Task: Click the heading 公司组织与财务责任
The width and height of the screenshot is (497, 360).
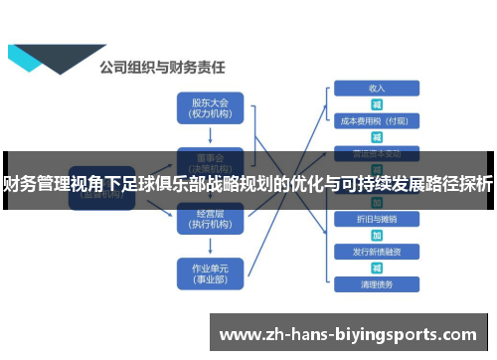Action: tap(162, 69)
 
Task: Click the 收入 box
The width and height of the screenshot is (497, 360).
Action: tap(377, 88)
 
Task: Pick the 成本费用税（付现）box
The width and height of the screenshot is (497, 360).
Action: tap(377, 120)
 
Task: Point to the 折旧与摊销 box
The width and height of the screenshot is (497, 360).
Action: tap(377, 218)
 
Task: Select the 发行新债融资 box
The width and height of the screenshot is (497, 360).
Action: tap(377, 251)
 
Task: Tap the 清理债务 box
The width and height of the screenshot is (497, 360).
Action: tap(377, 284)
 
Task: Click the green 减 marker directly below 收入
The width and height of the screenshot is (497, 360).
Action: tap(377, 103)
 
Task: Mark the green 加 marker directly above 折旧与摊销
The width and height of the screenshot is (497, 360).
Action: tap(377, 202)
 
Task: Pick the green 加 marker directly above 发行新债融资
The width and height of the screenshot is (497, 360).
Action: tap(377, 235)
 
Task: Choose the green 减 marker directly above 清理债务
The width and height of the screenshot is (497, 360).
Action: tap(377, 268)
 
